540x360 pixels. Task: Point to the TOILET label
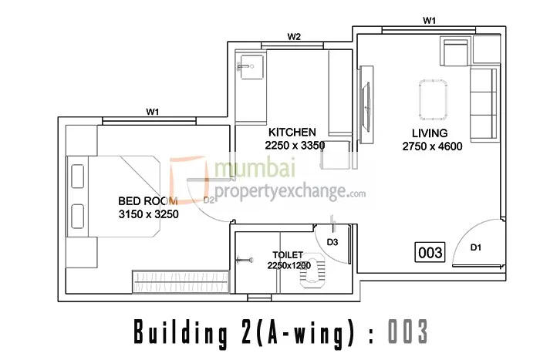coord(287,254)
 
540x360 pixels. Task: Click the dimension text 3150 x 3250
coord(149,215)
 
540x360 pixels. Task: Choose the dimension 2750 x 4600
coord(432,146)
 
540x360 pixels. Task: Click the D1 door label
coord(476,247)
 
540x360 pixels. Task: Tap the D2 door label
coord(209,200)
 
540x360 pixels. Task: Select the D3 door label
coord(332,242)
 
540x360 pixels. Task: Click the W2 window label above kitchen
coord(294,36)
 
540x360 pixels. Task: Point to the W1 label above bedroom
coord(153,112)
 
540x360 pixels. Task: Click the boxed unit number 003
coord(430,251)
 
